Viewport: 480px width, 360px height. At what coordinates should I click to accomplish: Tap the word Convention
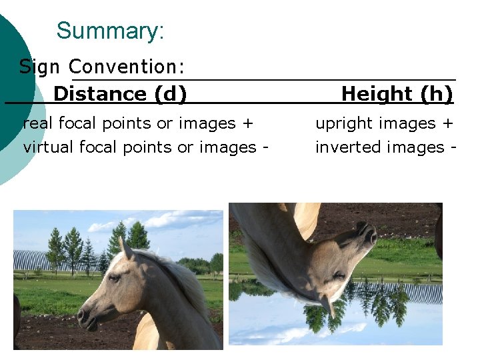point(126,67)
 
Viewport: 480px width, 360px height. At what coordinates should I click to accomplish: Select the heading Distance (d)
point(120,94)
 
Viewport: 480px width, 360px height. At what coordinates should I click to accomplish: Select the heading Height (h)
point(397,94)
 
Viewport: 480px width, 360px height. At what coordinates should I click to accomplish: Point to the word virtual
point(46,147)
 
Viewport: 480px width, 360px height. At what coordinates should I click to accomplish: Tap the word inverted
point(343,147)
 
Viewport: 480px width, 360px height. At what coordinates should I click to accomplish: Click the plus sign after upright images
point(448,124)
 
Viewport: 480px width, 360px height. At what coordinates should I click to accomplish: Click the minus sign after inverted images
point(453,147)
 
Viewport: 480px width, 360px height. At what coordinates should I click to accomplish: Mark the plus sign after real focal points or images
point(249,124)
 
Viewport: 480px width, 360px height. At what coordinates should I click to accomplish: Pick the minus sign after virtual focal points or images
point(265,147)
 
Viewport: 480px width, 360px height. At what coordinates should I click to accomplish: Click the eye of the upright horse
point(115,277)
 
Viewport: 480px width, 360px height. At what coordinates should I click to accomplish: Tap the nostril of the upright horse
point(83,314)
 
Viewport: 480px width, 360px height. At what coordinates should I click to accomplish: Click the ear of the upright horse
point(125,248)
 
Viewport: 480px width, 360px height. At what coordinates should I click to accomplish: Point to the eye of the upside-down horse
point(340,274)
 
